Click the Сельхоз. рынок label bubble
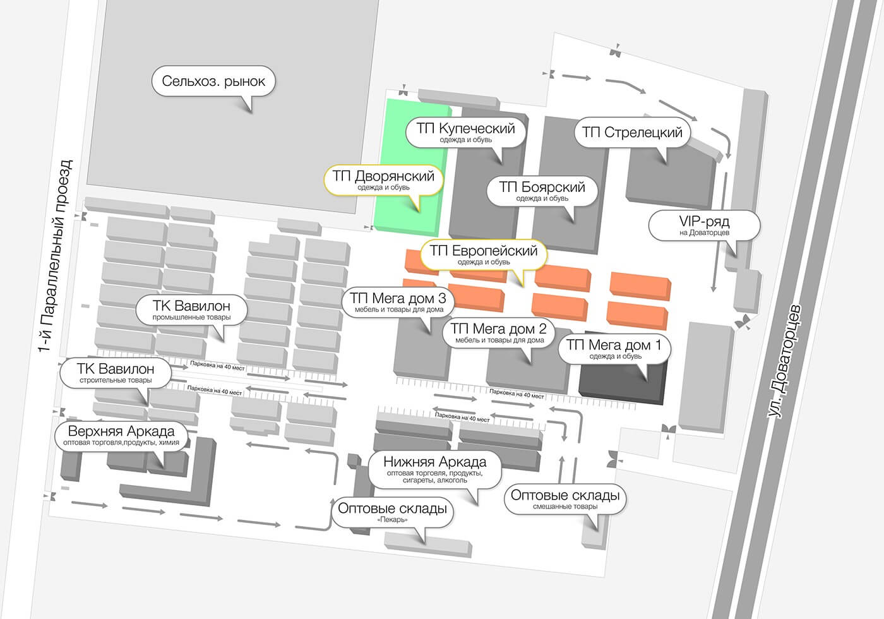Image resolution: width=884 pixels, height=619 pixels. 213,81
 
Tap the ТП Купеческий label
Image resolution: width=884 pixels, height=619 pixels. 466,133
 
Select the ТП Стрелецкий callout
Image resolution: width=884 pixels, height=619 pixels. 632,133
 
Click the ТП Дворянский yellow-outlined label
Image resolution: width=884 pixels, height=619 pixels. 383,180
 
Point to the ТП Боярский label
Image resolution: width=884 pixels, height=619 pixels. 542,191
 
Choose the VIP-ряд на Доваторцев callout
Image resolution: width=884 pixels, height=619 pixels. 705,225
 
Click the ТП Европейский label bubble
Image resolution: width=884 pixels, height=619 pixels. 484,255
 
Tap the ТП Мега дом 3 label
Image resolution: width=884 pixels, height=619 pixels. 398,303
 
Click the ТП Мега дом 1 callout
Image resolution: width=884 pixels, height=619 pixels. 615,349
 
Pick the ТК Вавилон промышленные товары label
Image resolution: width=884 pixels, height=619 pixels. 191,310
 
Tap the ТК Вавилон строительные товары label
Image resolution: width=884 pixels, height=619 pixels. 116,373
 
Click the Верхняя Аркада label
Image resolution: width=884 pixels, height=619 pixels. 121,435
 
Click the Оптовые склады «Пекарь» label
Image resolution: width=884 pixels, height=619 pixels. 392,512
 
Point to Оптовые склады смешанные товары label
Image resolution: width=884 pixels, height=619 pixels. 565,500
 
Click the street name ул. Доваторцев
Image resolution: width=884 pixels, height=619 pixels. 784,361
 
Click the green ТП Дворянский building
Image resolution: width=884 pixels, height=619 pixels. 411,167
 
